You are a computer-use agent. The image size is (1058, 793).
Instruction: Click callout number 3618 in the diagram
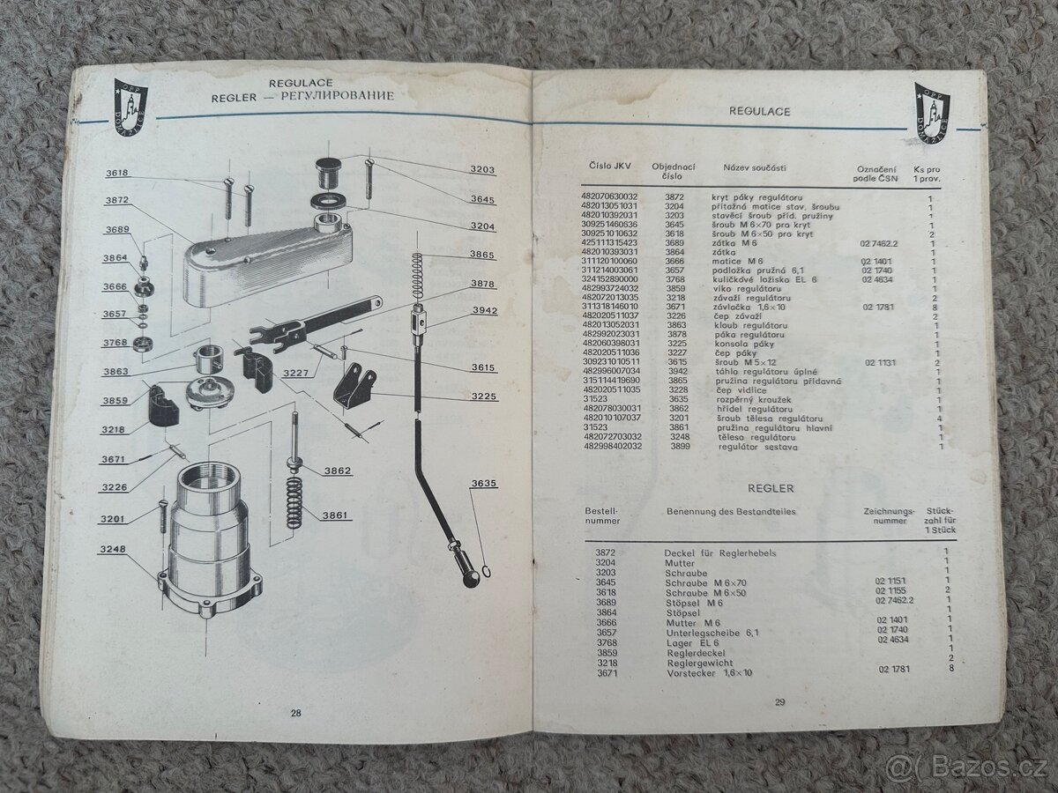click(x=117, y=174)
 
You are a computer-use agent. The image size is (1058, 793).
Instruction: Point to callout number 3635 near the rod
click(x=484, y=483)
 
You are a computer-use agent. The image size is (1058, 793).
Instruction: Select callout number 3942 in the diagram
click(x=484, y=310)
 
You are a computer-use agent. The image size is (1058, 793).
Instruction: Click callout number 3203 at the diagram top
click(x=481, y=169)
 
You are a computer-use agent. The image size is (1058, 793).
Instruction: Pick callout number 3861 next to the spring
click(x=336, y=515)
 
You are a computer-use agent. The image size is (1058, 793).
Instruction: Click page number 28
click(x=295, y=713)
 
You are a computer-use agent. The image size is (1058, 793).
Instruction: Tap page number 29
click(x=779, y=702)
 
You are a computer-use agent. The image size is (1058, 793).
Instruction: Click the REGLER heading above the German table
click(x=771, y=487)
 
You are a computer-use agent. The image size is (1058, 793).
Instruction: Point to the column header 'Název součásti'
click(x=755, y=167)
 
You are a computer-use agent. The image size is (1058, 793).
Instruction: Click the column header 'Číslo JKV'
click(x=607, y=166)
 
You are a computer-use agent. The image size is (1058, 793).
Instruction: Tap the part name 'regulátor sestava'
click(x=755, y=448)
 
